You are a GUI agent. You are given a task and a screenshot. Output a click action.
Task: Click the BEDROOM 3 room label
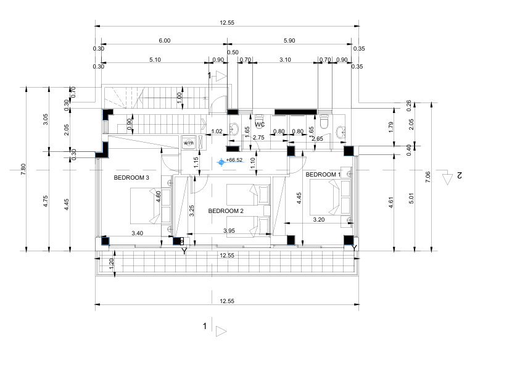click(131, 178)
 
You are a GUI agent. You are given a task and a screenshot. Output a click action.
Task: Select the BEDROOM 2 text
click(226, 211)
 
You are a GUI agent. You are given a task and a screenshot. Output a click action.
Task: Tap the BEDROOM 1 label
click(323, 175)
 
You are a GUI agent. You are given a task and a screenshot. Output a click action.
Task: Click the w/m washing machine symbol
click(188, 143)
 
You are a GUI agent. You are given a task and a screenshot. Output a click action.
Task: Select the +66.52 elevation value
click(234, 161)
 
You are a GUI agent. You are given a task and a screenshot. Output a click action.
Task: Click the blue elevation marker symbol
click(221, 162)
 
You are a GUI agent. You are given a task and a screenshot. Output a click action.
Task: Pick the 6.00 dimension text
click(164, 40)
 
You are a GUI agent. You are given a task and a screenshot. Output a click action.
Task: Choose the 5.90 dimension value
click(289, 40)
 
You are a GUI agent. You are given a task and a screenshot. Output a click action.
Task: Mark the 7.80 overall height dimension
click(23, 169)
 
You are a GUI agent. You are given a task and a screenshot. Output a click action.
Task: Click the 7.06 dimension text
click(428, 178)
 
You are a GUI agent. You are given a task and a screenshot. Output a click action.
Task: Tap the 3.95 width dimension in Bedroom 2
click(229, 231)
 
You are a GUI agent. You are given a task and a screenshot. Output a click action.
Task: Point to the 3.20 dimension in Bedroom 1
click(319, 219)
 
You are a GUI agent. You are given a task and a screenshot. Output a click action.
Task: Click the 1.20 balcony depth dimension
click(112, 262)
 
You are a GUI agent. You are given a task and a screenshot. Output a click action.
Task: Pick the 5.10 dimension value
click(155, 60)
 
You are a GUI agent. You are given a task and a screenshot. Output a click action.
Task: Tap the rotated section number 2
click(459, 176)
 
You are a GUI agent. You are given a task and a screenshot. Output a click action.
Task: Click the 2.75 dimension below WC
click(260, 138)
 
